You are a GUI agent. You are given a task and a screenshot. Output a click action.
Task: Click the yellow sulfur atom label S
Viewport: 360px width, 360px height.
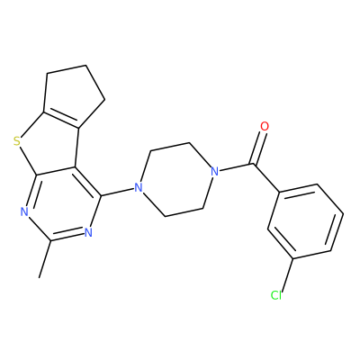[x=17, y=140]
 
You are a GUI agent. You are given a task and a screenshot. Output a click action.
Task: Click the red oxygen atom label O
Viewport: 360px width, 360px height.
[x=265, y=126]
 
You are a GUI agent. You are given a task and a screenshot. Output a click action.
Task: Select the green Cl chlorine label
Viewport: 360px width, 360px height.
[x=276, y=295]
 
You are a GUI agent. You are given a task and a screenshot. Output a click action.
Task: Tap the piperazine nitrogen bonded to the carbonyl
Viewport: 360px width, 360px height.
[x=214, y=172]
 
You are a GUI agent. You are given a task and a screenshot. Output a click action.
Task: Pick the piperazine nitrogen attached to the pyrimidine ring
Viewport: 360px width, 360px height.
[x=138, y=188]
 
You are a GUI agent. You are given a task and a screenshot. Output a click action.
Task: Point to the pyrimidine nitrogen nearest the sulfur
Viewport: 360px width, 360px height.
[x=24, y=211]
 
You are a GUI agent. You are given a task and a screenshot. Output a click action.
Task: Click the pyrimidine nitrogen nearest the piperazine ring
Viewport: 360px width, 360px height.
[x=88, y=232]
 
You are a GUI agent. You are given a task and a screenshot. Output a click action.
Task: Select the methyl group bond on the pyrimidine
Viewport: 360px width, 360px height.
[x=45, y=258]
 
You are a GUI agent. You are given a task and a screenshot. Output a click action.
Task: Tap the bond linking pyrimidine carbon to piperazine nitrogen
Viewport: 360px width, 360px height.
[x=117, y=192]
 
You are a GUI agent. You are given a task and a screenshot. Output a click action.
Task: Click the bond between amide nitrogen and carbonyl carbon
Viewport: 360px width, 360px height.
[x=237, y=167]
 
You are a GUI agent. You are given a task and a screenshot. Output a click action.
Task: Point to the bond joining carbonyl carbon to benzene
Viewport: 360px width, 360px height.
[x=267, y=177]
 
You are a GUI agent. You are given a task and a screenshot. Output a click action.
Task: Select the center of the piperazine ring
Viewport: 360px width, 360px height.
[x=176, y=180]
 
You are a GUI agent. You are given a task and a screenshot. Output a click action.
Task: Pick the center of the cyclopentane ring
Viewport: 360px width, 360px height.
[x=73, y=95]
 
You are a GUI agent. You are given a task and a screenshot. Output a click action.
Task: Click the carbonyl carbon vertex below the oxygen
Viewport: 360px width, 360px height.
[x=254, y=164]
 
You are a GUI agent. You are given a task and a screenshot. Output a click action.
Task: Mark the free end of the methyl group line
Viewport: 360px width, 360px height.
[x=39, y=277]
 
